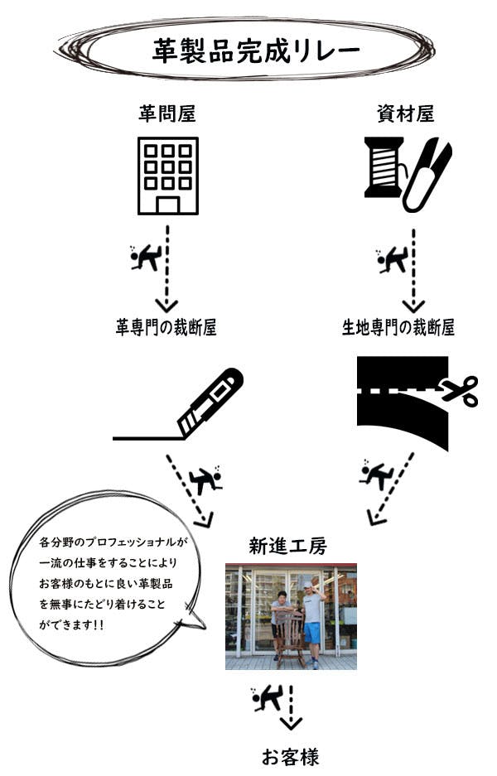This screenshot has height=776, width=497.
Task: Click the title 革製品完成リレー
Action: (256, 51)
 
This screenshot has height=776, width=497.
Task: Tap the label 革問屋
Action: (167, 114)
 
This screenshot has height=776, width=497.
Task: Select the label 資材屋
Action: (405, 114)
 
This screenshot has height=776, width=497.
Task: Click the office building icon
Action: (168, 176)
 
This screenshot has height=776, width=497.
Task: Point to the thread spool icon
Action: (384, 167)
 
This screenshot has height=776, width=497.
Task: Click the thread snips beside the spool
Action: (427, 176)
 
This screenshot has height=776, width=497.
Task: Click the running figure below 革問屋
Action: (145, 258)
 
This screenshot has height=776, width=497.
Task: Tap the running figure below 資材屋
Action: (392, 260)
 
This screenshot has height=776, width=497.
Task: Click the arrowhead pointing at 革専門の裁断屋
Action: (166, 305)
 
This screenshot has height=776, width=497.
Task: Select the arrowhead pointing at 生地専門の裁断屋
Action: (413, 305)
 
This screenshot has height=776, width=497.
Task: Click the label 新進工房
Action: (287, 547)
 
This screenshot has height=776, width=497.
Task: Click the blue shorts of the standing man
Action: (312, 633)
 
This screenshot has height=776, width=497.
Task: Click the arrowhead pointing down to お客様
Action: (291, 724)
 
